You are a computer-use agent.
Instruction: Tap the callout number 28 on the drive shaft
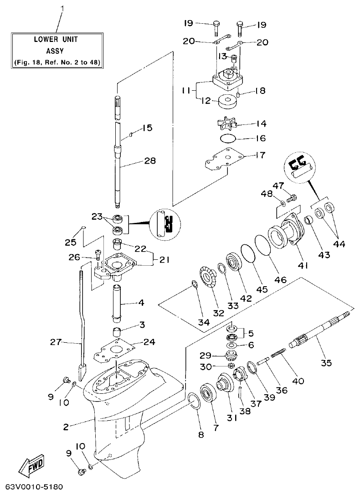pyautogui.click(x=149, y=160)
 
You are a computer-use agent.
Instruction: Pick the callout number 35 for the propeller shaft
pyautogui.click(x=326, y=363)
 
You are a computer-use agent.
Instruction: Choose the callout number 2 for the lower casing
pyautogui.click(x=66, y=427)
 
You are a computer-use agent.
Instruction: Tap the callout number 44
pyautogui.click(x=338, y=244)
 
